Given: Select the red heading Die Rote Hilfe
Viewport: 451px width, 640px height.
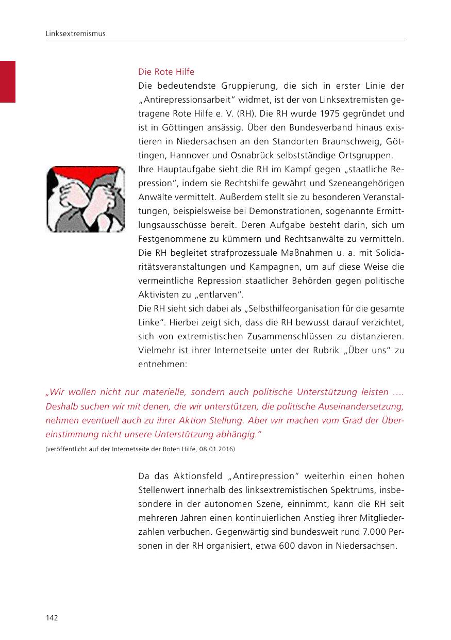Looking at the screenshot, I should [166, 72].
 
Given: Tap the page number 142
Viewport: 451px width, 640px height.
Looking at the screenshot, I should [52, 618].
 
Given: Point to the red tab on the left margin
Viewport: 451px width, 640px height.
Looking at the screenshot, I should [8, 81].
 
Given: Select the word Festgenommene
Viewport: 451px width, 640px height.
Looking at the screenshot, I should [168, 239].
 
